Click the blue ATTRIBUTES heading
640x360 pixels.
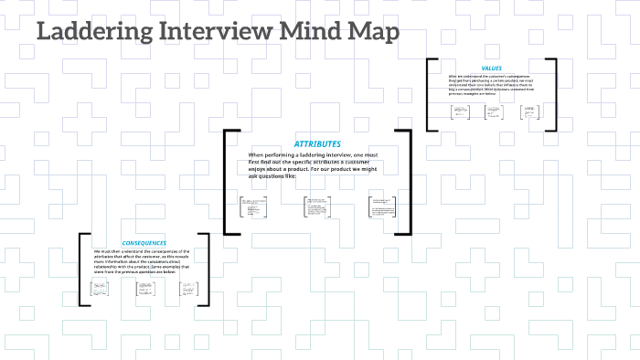click(317, 144)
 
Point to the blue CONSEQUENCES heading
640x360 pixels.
click(144, 242)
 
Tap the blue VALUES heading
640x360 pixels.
click(491, 69)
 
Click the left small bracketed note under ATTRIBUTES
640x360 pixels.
click(247, 207)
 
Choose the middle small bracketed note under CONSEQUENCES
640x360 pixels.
click(144, 290)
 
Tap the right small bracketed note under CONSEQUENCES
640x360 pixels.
click(188, 290)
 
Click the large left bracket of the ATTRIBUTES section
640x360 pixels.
click(226, 182)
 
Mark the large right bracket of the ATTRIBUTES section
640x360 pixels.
click(410, 182)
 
